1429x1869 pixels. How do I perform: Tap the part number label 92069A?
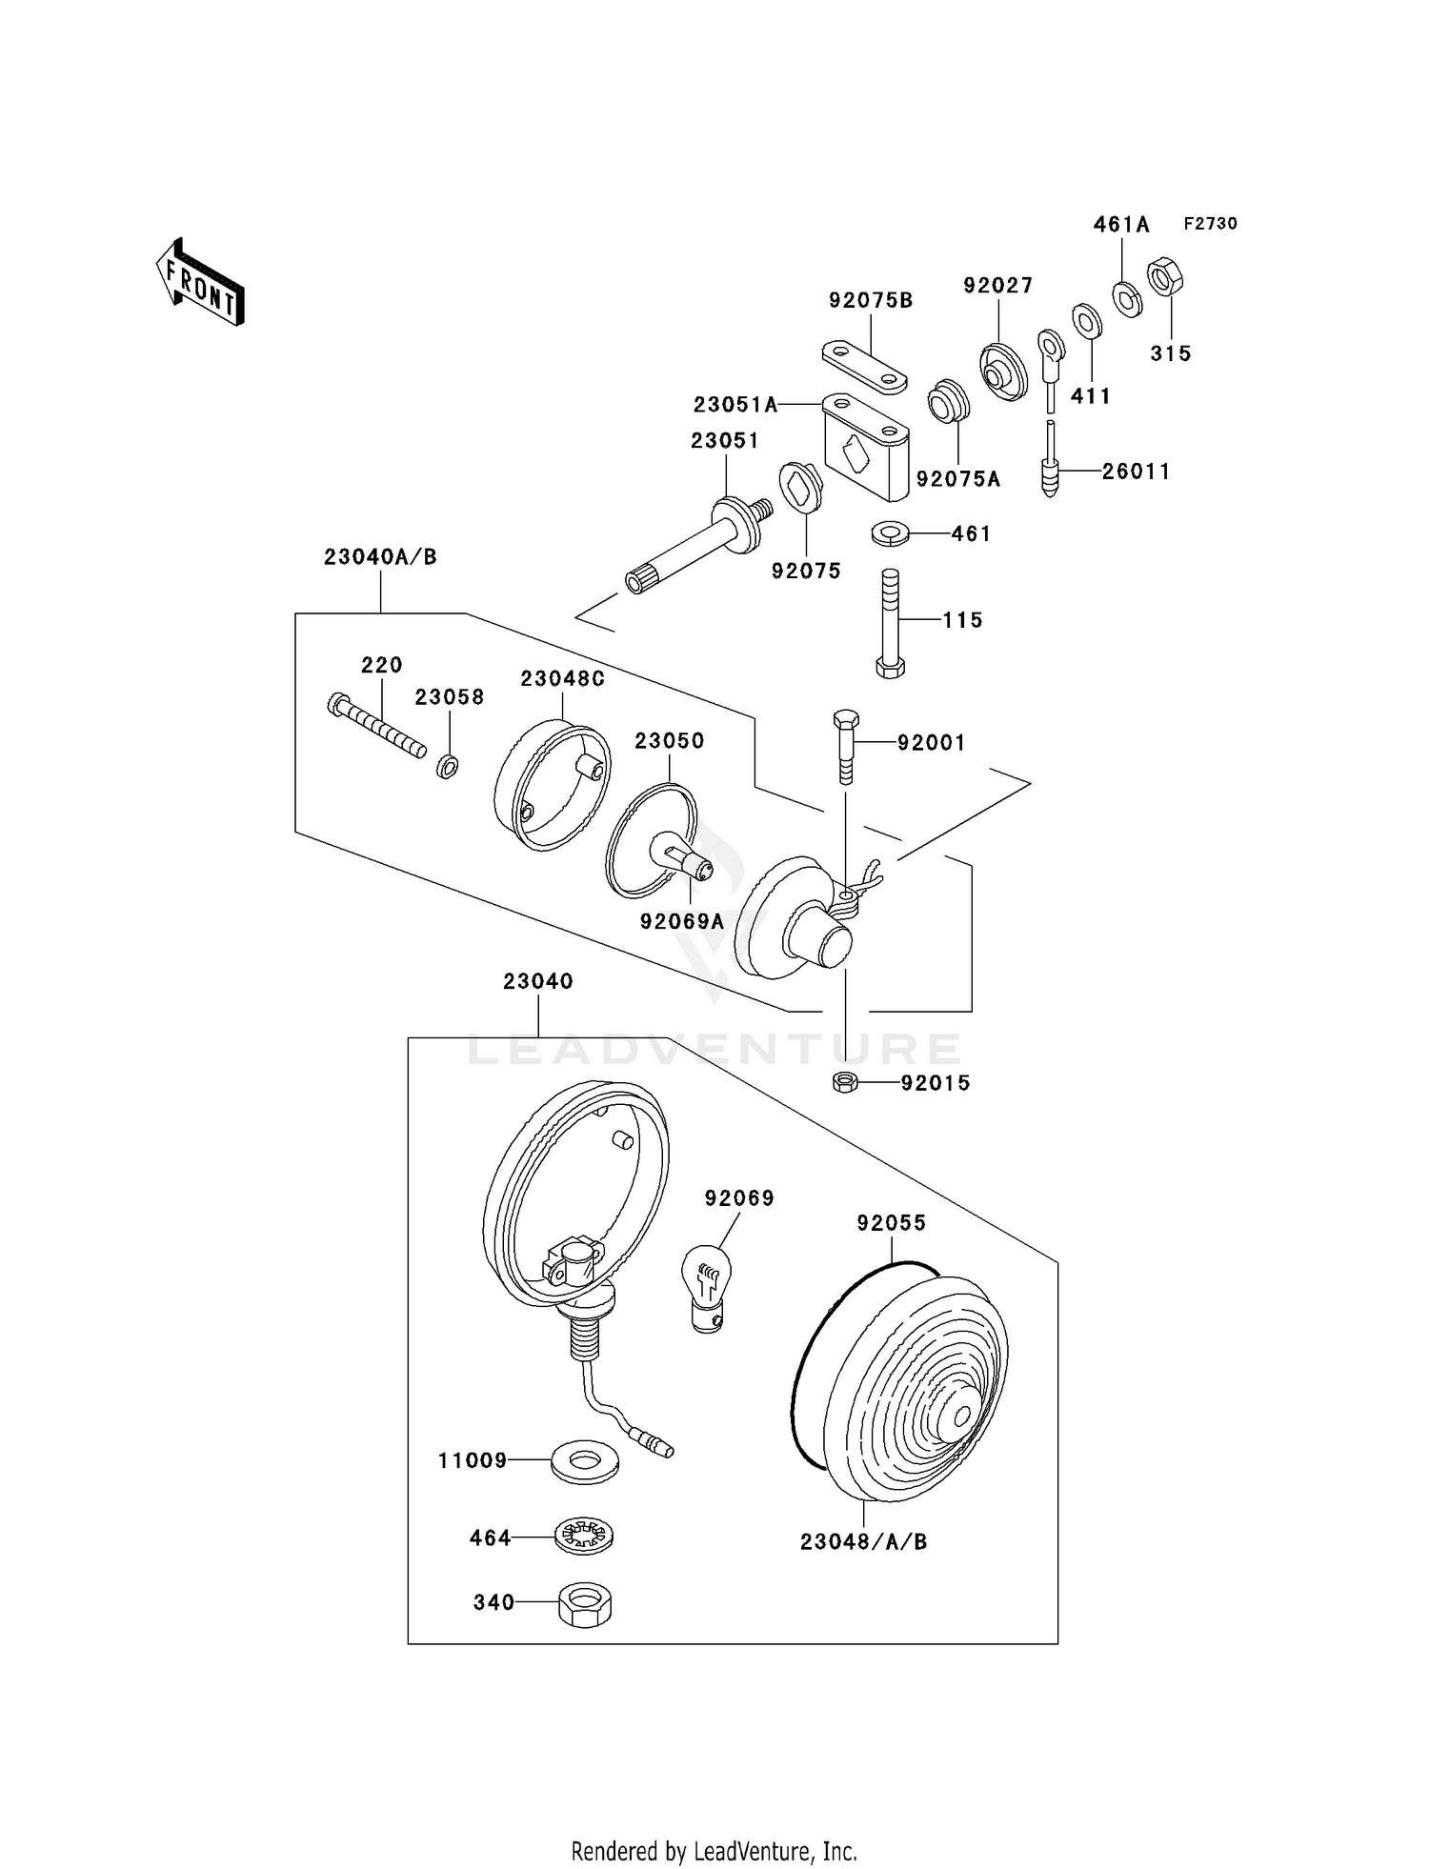[682, 922]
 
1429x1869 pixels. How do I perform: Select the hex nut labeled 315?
[1165, 277]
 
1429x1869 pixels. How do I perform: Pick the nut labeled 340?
[584, 1604]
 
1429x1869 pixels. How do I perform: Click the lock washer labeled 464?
[584, 1537]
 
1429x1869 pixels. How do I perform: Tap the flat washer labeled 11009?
[585, 1460]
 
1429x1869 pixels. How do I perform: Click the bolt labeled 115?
[890, 623]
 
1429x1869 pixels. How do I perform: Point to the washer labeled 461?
[890, 533]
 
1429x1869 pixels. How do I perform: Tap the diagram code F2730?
[1211, 224]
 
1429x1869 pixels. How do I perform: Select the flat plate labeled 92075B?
[865, 366]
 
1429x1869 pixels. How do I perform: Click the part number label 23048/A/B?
[863, 1541]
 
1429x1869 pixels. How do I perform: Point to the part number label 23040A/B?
[380, 557]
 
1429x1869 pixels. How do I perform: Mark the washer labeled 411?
[1087, 321]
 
